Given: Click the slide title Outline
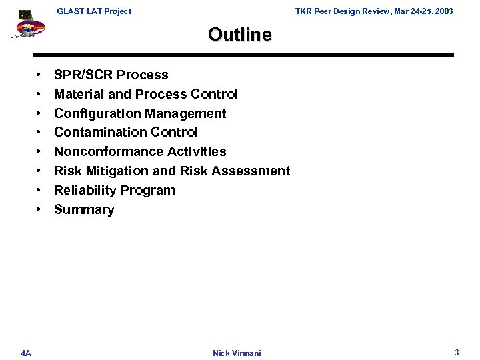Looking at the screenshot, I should tap(240, 34).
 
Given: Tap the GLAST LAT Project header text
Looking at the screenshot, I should tap(94, 11).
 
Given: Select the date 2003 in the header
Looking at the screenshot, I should tap(443, 11).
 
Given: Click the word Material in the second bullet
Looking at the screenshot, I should tap(78, 94).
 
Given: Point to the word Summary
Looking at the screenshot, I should tap(84, 210).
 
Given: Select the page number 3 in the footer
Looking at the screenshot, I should tap(457, 351).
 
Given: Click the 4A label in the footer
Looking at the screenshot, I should tap(25, 352).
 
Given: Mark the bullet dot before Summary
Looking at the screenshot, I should tap(40, 210).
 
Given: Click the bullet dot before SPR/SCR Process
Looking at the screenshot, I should tap(40, 75).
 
